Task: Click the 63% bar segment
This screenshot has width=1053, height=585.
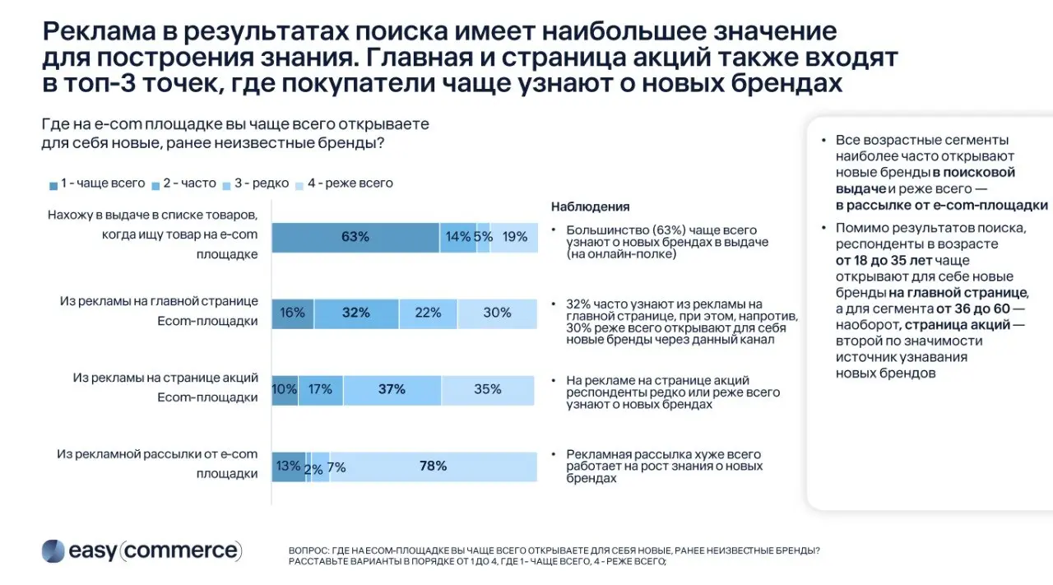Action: [355, 237]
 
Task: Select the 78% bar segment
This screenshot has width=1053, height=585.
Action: [434, 467]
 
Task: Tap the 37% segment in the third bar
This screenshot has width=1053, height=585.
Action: [392, 389]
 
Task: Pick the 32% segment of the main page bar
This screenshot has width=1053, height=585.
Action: [356, 313]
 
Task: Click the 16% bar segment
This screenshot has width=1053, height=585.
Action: [292, 313]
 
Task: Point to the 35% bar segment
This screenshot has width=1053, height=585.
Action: [489, 389]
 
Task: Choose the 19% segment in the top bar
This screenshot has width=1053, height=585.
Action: [515, 237]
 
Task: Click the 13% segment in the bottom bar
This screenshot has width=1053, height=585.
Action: [288, 467]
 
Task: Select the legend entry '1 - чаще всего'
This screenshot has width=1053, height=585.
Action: [97, 183]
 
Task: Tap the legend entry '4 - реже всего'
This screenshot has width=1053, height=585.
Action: [344, 183]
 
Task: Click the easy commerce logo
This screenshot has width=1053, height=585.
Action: [141, 550]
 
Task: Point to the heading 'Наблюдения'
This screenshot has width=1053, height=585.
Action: [590, 207]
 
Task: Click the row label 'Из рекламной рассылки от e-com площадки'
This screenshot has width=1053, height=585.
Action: [157, 464]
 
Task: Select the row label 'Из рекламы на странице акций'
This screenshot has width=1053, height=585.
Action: [165, 378]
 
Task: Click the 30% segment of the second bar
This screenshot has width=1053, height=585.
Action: [497, 313]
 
